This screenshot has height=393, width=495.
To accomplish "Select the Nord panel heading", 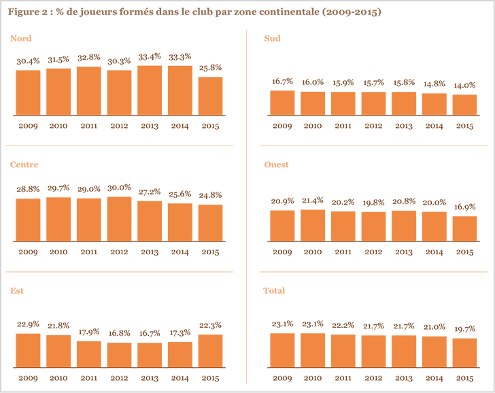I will tap(20, 39).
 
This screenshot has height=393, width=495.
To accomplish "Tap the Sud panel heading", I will tap(272, 39).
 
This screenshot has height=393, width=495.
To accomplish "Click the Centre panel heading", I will tap(24, 165).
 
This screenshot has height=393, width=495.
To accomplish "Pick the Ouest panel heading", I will tap(276, 165).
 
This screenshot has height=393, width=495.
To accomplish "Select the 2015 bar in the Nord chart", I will tap(210, 95).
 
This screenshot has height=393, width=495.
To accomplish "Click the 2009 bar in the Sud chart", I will tap(282, 102).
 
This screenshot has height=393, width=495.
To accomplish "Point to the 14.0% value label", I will tap(464, 85).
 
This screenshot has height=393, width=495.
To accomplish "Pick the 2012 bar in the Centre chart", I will tap(119, 218).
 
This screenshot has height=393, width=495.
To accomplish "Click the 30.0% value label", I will tap(119, 188).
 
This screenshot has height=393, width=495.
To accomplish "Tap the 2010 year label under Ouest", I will tap(313, 252).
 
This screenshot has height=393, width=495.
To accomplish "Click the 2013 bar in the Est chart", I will tap(150, 354).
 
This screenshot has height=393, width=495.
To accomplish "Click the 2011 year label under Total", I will tap(343, 378).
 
